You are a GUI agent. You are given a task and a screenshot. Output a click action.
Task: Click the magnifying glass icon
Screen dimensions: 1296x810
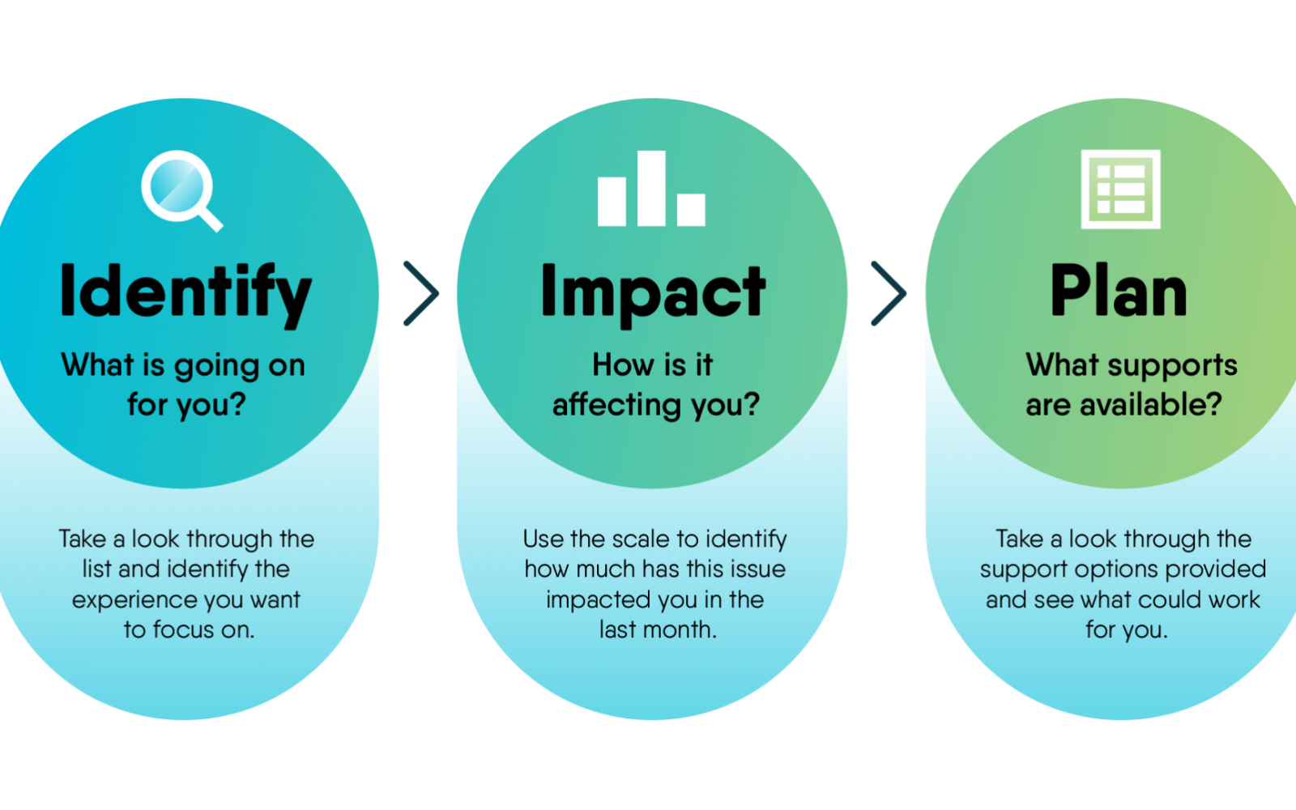[x=181, y=190]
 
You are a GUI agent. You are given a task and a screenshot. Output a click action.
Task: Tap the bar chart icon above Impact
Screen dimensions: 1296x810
[x=651, y=188]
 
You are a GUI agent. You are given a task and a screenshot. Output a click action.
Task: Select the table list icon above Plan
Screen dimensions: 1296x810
[x=1121, y=190]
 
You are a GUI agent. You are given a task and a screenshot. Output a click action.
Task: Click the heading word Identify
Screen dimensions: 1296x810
[x=185, y=293]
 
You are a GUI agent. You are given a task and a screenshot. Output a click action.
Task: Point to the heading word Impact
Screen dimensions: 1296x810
[x=653, y=293]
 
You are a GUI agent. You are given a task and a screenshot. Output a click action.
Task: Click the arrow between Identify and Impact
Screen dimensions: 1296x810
[x=421, y=293]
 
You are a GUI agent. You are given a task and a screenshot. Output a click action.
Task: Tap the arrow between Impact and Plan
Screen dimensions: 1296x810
[x=889, y=293]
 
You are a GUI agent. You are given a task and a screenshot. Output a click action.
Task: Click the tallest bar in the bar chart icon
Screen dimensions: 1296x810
[x=651, y=188]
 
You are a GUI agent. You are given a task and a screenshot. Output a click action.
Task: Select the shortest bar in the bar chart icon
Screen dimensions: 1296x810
[x=692, y=210]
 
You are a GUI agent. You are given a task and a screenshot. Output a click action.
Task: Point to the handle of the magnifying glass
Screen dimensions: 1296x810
[x=211, y=220]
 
